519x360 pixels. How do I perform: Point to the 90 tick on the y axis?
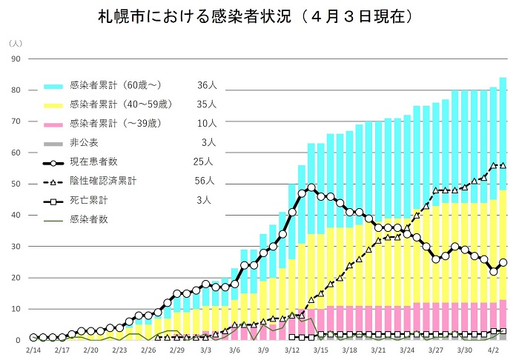click(15, 59)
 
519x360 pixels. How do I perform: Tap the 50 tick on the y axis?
click(15, 184)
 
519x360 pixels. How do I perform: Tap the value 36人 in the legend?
click(207, 85)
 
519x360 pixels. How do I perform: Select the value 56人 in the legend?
click(207, 180)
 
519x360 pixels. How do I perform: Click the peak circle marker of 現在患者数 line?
click(311, 187)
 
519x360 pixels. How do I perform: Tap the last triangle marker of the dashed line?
click(503, 165)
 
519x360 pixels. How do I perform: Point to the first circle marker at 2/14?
click(33, 337)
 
